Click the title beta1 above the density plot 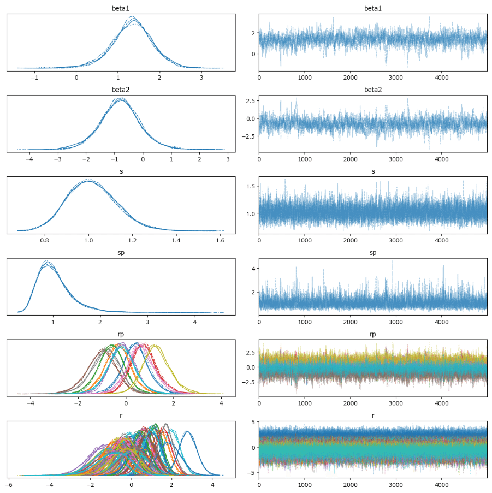point(121,9)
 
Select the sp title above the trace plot point(372,253)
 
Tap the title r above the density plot point(121,415)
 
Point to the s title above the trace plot point(372,171)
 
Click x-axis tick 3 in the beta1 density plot point(201,77)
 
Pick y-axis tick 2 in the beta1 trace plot point(252,33)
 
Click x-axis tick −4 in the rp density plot point(30,402)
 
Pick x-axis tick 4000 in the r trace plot point(442,484)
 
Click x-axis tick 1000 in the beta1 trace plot point(305,77)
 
